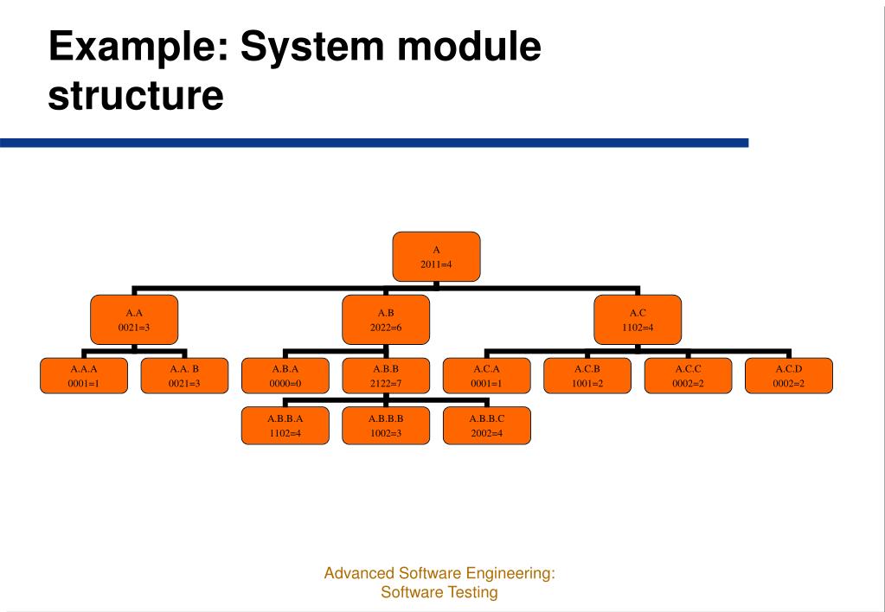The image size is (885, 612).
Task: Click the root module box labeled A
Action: (x=436, y=257)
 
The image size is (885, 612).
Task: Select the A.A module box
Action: (x=134, y=319)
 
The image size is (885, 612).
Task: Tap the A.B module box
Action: (x=386, y=319)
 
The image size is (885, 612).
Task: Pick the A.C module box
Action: (x=638, y=319)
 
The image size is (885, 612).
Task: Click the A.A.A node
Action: (x=83, y=375)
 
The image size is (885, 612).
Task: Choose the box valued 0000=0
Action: (x=285, y=375)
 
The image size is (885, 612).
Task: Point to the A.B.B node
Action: (x=385, y=375)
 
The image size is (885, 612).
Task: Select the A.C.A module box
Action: (x=486, y=375)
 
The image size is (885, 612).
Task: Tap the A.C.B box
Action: (x=587, y=375)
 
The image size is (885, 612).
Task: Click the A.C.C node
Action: (x=688, y=375)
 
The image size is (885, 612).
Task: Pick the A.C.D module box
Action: (x=788, y=375)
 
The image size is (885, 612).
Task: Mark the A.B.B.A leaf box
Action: (x=285, y=425)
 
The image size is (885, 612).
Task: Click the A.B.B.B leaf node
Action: (x=385, y=425)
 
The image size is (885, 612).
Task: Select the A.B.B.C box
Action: (x=486, y=425)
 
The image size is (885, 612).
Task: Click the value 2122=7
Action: (x=385, y=383)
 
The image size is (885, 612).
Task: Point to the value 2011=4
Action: (x=436, y=264)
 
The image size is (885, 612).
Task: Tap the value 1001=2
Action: (x=587, y=383)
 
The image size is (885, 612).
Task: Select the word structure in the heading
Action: (x=136, y=93)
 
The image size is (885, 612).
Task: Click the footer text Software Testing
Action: (x=439, y=593)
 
